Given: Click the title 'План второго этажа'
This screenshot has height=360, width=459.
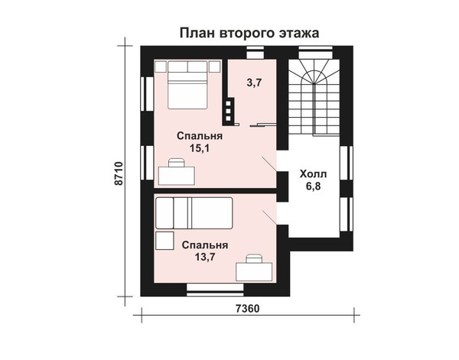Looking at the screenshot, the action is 249,33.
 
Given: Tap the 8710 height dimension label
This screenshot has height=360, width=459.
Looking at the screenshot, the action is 119,173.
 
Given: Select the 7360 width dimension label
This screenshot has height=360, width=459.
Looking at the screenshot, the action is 247,308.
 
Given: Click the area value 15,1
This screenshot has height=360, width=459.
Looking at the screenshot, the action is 200,148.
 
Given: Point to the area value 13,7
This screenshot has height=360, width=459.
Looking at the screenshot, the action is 205,257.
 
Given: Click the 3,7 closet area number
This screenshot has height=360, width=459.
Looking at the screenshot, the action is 254,83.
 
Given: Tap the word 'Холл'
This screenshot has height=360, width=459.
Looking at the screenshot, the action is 313,174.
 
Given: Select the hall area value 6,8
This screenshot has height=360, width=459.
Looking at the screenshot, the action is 313,186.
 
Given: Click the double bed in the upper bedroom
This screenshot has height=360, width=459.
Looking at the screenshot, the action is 187,85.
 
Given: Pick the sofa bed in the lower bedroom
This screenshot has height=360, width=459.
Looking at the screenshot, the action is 194,213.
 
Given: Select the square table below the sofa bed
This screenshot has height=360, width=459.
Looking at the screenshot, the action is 164,241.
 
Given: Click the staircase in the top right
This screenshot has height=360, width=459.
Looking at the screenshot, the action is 314,97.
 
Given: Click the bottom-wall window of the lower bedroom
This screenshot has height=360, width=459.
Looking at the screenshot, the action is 215,290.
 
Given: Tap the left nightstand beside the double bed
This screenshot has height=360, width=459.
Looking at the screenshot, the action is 161,66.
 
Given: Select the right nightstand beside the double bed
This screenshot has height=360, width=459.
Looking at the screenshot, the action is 214,66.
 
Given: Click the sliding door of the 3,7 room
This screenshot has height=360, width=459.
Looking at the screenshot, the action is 263,125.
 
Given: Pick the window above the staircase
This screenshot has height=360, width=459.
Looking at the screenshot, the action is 315,52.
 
